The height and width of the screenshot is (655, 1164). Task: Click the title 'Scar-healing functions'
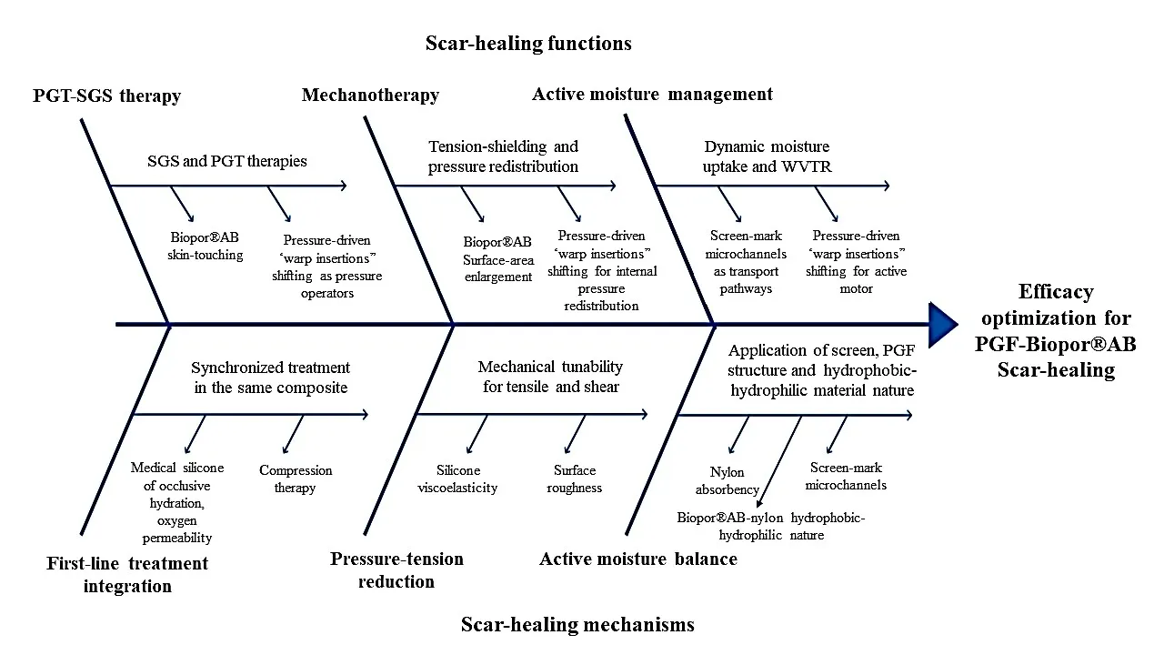tap(528, 43)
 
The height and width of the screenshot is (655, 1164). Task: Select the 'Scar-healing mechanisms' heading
tap(577, 624)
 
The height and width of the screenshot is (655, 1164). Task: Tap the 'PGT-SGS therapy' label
tap(106, 96)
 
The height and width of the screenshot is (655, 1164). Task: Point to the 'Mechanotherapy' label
tap(370, 95)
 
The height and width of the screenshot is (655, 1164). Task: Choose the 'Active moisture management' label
tap(652, 94)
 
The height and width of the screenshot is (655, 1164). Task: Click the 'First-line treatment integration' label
tap(127, 574)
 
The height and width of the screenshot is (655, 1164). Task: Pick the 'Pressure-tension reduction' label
tap(396, 569)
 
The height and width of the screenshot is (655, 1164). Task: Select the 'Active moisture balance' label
tap(637, 559)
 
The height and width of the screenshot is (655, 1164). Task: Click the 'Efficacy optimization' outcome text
tap(1057, 331)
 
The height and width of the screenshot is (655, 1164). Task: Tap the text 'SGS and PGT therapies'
tap(227, 161)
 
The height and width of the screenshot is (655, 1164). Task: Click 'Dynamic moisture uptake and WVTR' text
tap(767, 156)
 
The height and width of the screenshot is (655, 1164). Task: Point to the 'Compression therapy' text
tap(296, 479)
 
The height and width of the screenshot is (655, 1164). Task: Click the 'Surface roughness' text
tap(575, 479)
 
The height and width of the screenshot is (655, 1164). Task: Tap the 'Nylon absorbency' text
tap(727, 480)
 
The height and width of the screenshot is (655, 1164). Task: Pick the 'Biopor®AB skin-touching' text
tap(205, 247)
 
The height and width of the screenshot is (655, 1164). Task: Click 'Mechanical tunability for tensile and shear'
tap(550, 376)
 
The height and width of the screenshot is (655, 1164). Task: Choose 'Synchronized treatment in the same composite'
tap(270, 378)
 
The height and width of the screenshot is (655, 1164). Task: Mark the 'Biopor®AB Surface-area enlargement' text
tap(497, 258)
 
